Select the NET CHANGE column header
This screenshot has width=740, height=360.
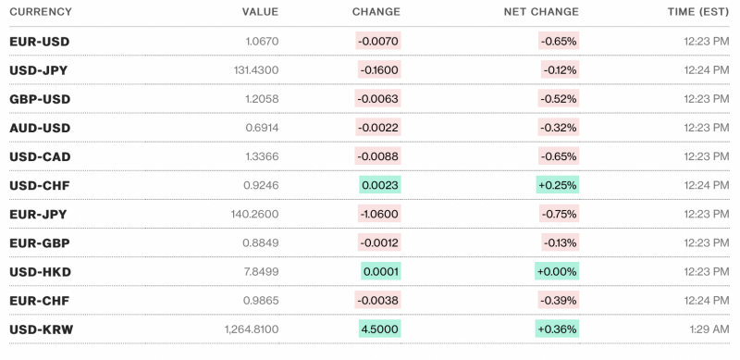pyautogui.click(x=541, y=12)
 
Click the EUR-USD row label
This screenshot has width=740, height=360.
pyautogui.click(x=39, y=42)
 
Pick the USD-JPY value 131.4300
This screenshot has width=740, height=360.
pyautogui.click(x=253, y=70)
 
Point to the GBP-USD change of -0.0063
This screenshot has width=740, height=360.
pyautogui.click(x=378, y=99)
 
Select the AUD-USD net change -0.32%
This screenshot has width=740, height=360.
pyautogui.click(x=559, y=128)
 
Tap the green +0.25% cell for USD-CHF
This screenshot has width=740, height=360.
pyautogui.click(x=558, y=185)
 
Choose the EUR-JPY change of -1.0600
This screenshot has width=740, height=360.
pyautogui.click(x=378, y=214)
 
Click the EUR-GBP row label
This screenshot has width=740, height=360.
pyautogui.click(x=39, y=242)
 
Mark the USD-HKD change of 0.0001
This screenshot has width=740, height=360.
pyautogui.click(x=381, y=271)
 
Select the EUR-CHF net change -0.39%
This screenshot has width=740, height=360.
pyautogui.click(x=559, y=300)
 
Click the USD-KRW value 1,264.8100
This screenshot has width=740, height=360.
pyautogui.click(x=251, y=329)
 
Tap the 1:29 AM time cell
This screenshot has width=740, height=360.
pyautogui.click(x=701, y=329)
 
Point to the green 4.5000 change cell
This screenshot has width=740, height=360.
pyautogui.click(x=380, y=329)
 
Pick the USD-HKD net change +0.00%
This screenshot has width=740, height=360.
pyautogui.click(x=557, y=271)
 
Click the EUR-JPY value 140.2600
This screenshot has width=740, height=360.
pyautogui.click(x=253, y=214)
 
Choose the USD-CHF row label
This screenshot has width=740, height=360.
pyautogui.click(x=39, y=185)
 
